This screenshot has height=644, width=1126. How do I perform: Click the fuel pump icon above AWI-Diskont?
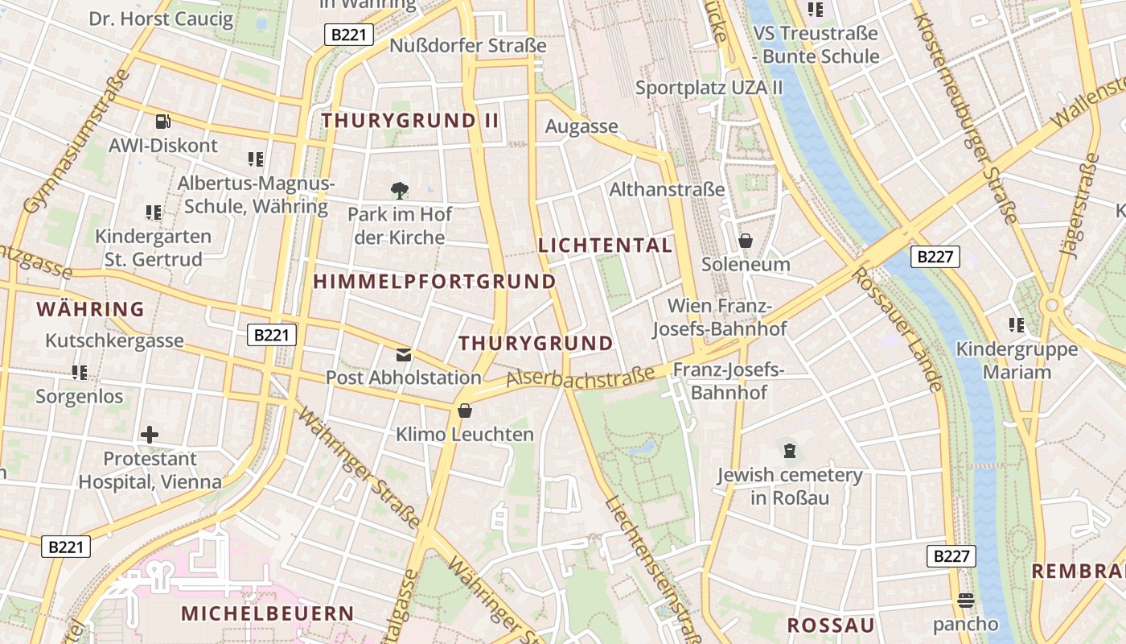(163, 122)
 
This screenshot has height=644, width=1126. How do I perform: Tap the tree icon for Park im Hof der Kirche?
(400, 191)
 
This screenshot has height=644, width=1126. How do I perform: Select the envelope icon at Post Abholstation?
(403, 354)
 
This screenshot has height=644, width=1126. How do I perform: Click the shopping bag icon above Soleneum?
(746, 241)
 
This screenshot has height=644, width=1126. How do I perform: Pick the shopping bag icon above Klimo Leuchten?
(465, 411)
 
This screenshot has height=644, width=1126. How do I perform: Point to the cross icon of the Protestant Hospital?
(150, 435)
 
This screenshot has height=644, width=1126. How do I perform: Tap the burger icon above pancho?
(965, 601)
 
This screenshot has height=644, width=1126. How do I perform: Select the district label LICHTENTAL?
(605, 246)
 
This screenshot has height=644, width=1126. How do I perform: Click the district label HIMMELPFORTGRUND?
(434, 282)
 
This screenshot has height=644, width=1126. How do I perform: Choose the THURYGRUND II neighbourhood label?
(410, 121)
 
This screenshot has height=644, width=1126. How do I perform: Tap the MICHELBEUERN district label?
(267, 613)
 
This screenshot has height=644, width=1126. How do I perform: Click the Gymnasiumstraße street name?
(77, 142)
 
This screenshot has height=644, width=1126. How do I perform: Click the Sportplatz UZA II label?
(709, 88)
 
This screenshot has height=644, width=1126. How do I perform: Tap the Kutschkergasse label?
(114, 341)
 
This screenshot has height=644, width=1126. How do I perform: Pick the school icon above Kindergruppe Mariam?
(1017, 325)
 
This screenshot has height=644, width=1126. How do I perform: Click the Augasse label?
(581, 126)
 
